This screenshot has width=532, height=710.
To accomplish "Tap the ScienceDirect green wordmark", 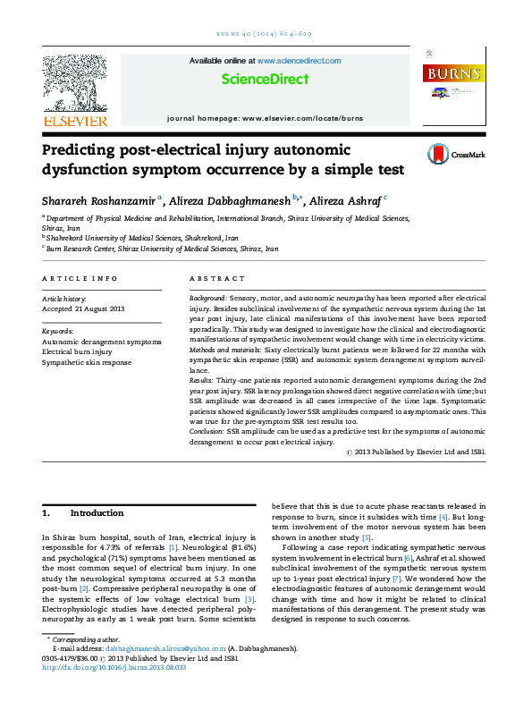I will (265, 80).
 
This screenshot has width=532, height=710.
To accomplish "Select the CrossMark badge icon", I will (439, 154).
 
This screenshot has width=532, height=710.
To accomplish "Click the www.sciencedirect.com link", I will (299, 61).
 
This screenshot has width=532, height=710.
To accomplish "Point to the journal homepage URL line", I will (265, 118).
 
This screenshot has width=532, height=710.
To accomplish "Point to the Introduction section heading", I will (97, 513).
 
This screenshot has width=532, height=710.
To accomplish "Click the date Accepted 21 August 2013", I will (83, 309).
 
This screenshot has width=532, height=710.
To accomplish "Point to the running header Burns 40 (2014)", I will (266, 33).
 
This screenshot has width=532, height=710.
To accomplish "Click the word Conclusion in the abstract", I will (207, 430).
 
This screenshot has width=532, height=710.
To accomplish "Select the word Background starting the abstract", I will (208, 296).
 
